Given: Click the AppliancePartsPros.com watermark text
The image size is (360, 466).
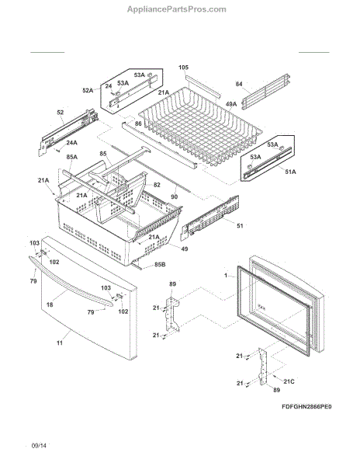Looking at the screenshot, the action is point(177,9).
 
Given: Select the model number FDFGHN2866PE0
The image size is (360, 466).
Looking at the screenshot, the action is point(306,406).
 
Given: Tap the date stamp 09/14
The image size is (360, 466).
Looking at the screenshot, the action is point(39,446).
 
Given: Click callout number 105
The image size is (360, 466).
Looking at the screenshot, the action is point(183,68).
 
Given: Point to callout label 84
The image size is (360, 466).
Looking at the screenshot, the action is point(239,84).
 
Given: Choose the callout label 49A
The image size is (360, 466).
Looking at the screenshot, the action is point(231,104).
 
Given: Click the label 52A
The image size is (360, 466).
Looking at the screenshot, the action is point(88,90).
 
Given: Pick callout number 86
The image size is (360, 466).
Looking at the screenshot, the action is point(138,123).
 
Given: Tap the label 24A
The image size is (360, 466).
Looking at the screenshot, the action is point(72,143).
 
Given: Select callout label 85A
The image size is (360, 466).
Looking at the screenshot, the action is point(72,157).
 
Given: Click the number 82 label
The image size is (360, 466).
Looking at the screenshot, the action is point(157,185).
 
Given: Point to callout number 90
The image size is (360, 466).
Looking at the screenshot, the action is point(175,196).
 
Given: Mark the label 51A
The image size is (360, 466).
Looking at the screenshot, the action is point(290,172).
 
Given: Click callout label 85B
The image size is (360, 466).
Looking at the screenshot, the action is point(160,265).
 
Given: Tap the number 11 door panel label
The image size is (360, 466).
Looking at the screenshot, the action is point(60,343).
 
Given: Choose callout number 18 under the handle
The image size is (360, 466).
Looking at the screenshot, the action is point(50,304).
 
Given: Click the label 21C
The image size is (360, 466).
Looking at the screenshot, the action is point(289,381).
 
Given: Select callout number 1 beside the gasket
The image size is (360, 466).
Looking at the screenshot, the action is point(226,276).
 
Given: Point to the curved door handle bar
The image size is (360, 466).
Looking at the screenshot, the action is point(71,281).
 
